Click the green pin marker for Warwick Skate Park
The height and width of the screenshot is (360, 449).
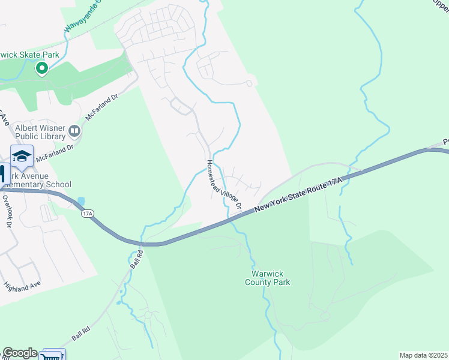click(x=42, y=69)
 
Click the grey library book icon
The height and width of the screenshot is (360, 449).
click(x=74, y=130)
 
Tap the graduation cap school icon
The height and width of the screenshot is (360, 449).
click(x=22, y=157)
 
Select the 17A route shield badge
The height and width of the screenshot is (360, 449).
click(x=88, y=213)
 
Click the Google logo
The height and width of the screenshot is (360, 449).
click(x=19, y=353)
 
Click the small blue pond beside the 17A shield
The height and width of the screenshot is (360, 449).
click(x=81, y=201)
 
